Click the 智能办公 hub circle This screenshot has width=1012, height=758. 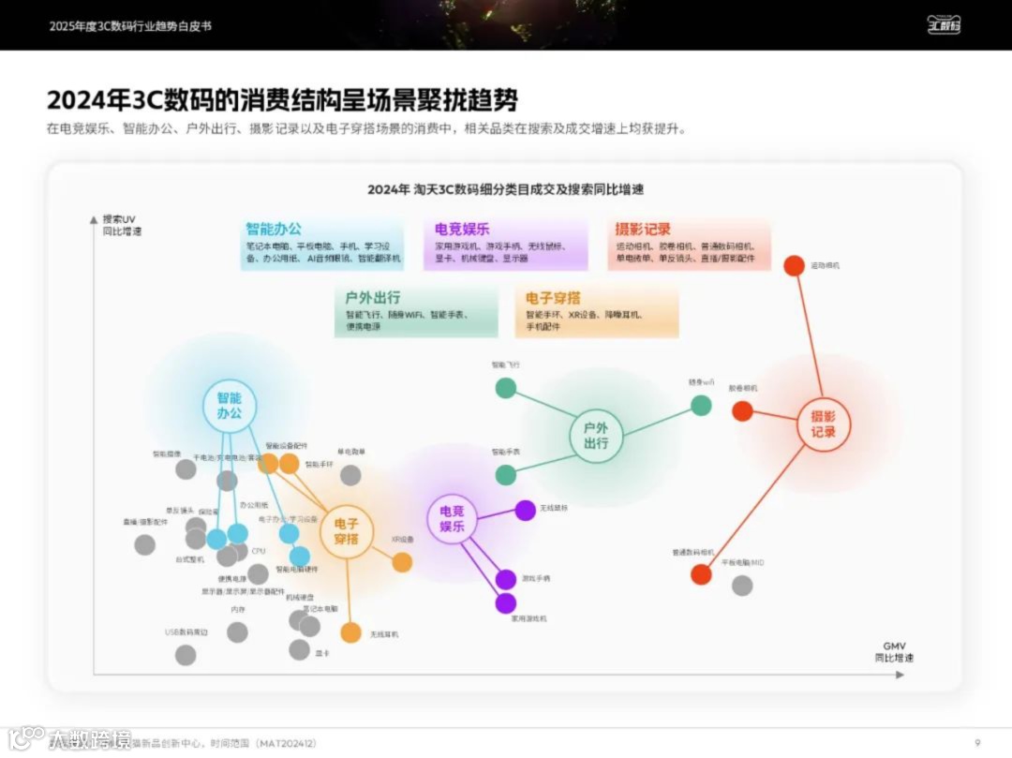point(230,405)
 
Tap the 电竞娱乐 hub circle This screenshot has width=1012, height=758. point(453,518)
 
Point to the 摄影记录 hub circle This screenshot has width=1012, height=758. point(824,424)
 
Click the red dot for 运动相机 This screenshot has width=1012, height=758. point(794,265)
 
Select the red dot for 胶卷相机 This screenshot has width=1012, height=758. point(742,410)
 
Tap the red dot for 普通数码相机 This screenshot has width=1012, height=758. point(701,574)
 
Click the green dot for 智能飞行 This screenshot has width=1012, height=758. point(506,388)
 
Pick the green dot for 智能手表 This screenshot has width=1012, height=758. point(506,475)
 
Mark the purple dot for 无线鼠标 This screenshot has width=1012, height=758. point(526,511)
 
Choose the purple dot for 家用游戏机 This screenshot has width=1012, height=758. point(506,603)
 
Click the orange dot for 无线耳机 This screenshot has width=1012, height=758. point(350,633)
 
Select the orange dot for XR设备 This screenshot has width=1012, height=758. point(402,562)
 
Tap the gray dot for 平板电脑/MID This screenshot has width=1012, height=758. point(742,586)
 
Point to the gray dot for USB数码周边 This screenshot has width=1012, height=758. point(186,655)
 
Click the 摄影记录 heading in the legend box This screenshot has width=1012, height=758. point(643,230)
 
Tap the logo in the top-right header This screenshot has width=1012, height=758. point(944,25)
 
